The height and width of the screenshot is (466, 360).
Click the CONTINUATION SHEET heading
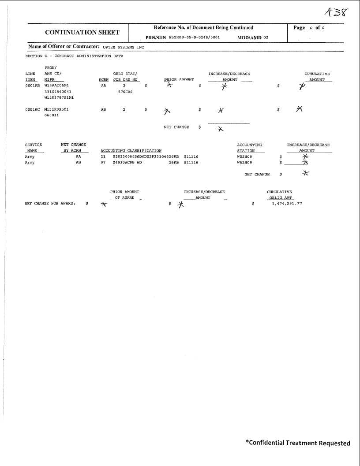coord(82,32)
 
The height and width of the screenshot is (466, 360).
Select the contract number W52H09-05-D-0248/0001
coord(194,37)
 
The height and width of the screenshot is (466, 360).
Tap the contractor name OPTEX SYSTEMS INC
coord(124,47)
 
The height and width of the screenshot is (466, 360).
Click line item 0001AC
coord(32,109)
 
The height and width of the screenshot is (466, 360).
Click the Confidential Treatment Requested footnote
coord(298,443)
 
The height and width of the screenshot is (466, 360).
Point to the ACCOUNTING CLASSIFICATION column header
coord(131,151)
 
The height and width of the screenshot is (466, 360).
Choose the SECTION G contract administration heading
coord(74,56)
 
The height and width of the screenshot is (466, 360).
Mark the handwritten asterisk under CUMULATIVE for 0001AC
coord(300,109)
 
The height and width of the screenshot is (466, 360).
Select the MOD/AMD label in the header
coord(249,37)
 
